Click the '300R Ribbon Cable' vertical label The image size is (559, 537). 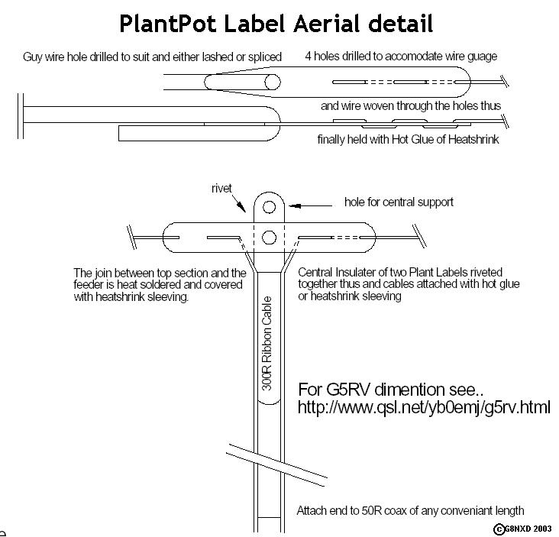[267, 344]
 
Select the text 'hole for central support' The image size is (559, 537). [399, 202]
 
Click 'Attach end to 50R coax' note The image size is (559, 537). [410, 510]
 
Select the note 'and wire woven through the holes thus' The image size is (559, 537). [411, 106]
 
